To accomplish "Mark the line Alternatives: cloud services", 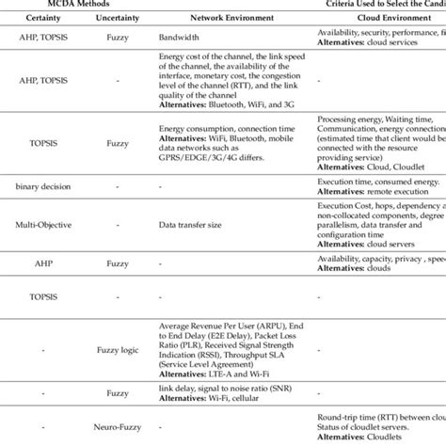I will tap(368, 42).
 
